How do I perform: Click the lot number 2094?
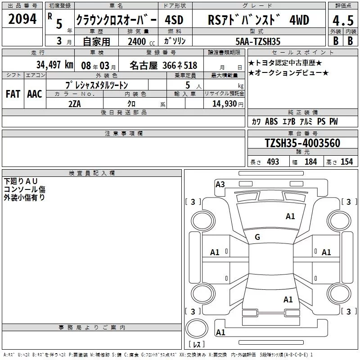pos(22,19)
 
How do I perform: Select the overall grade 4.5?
pos(343,21)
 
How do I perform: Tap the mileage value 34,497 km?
pos(54,65)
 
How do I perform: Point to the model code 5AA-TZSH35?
pos(258,41)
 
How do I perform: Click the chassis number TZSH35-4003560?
pos(302,143)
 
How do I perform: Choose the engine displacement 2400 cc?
pos(141,41)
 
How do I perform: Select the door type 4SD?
pos(174,20)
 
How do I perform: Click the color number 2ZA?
pos(75,104)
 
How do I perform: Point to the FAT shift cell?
pos(13,94)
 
